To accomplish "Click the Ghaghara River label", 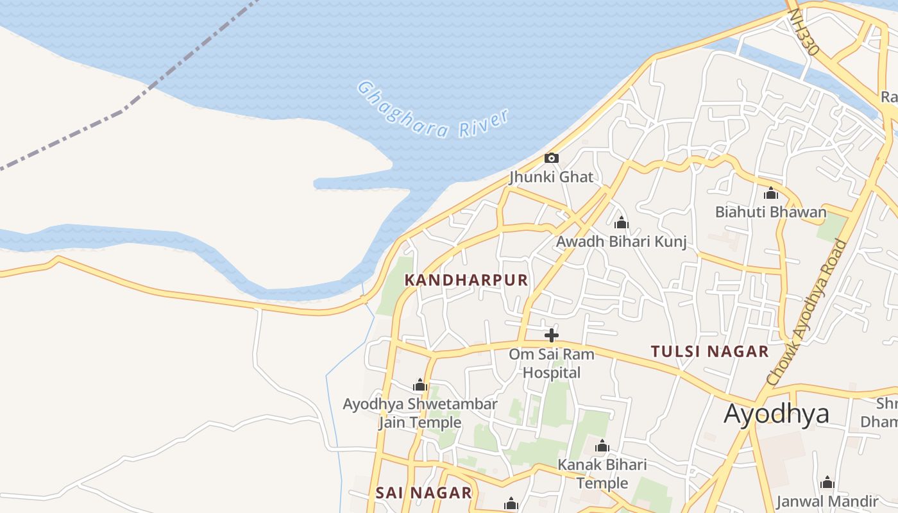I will point(434,110).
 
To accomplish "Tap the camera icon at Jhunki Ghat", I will point(551,158).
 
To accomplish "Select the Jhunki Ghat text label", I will point(551,176).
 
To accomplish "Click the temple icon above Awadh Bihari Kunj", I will point(621,223).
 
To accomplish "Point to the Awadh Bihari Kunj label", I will point(621,242).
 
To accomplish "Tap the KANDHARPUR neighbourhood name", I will point(466,280).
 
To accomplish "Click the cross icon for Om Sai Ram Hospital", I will point(551,335).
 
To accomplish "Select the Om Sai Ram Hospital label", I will point(552,363).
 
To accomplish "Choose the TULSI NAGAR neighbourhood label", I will point(709,351).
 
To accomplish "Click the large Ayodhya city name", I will point(776,414).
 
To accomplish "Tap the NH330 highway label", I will point(804,31).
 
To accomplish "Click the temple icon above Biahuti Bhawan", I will point(770,193).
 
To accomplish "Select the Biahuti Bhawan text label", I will point(770,212).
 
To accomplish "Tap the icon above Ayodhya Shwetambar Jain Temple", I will point(420,385).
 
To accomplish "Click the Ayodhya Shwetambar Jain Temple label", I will point(420,413).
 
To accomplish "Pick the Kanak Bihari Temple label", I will point(602,473).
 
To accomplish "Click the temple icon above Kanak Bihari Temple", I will point(602,446).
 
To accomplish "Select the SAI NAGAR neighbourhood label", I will point(423,492).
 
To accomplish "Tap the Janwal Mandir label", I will point(827,501).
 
